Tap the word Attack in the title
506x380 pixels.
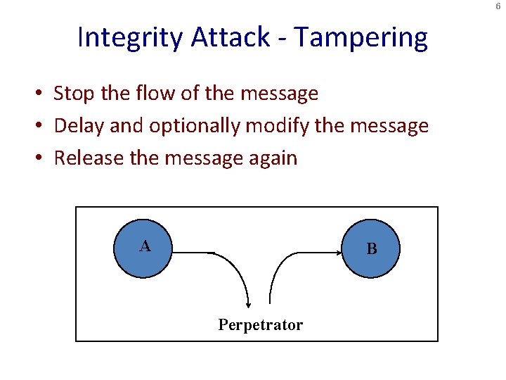[x=230, y=37]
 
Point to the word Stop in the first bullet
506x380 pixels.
[x=73, y=94]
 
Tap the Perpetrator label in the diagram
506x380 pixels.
[x=260, y=325]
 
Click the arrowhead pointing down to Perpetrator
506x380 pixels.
[x=248, y=303]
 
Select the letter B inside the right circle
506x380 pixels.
[x=372, y=250]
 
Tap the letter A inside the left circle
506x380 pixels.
[x=144, y=246]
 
